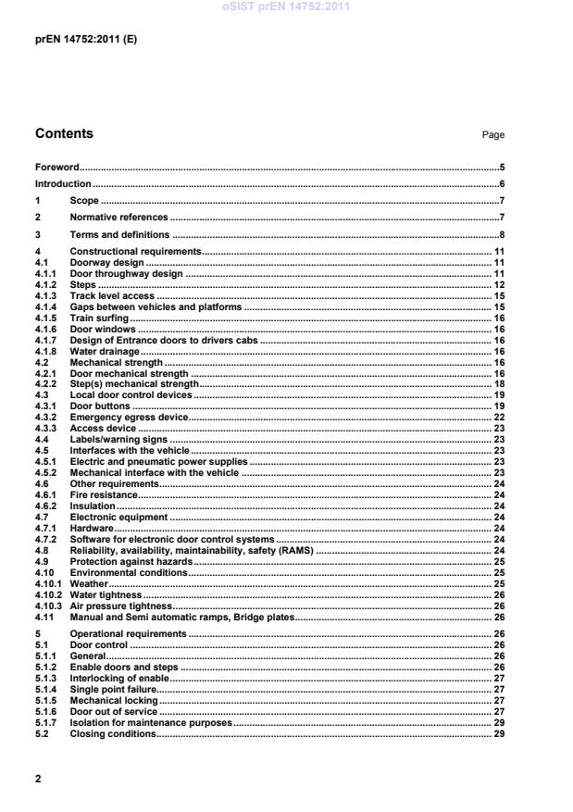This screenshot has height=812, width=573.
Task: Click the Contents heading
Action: [x=64, y=134]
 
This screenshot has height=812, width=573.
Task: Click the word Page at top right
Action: [x=492, y=135]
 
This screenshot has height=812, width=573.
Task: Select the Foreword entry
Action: [x=56, y=168]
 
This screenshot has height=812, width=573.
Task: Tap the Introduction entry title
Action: [x=63, y=184]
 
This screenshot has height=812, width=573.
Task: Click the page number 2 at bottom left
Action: [x=38, y=779]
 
